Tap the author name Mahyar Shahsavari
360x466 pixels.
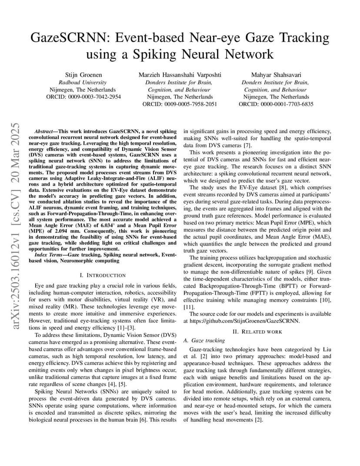(x=276, y=75)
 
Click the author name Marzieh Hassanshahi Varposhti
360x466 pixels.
(x=180, y=75)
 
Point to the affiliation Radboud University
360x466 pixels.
(x=83, y=82)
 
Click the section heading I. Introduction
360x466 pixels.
(x=103, y=275)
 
